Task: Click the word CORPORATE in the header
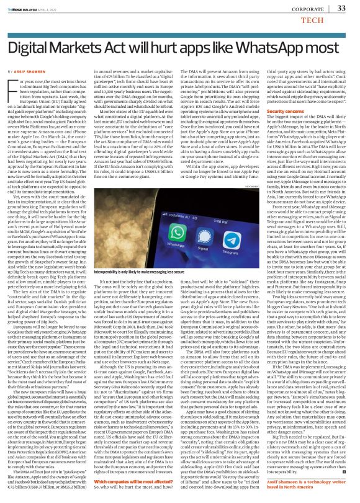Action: [x=308, y=9]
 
